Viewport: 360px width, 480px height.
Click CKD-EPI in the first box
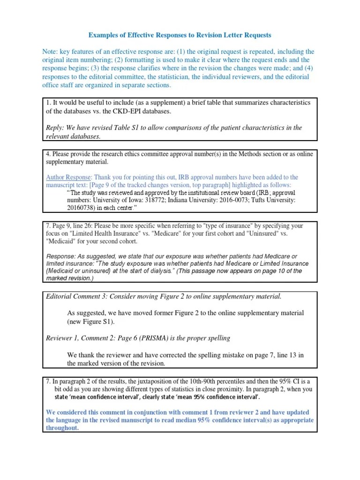(138, 111)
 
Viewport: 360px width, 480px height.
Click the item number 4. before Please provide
(48, 154)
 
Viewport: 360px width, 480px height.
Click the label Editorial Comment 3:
(77, 296)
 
